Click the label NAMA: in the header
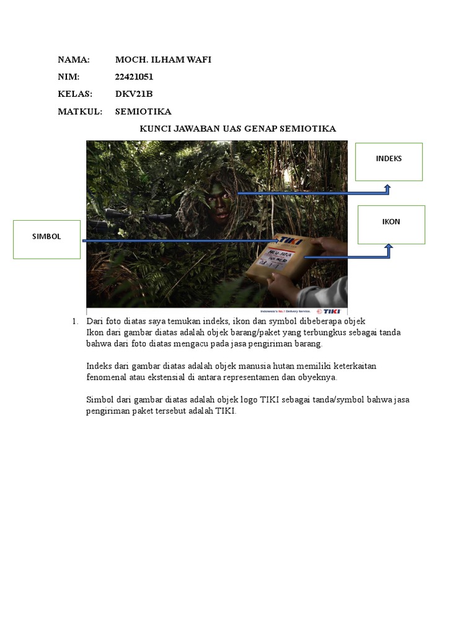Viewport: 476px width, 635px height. [x=74, y=60]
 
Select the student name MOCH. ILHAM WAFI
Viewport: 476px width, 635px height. [x=163, y=60]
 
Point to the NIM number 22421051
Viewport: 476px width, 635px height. [x=134, y=78]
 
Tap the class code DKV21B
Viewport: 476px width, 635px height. [x=134, y=94]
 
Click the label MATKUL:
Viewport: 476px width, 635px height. [x=80, y=112]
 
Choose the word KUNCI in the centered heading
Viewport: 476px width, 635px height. [x=154, y=129]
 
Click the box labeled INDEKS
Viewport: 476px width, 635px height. [x=389, y=162]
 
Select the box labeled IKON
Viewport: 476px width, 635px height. [x=391, y=224]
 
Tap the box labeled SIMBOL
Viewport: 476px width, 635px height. [x=47, y=239]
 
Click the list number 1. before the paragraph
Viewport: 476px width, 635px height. [x=75, y=321]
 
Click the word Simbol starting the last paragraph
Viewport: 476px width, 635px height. [x=99, y=400]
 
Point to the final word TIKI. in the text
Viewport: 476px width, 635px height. [x=227, y=411]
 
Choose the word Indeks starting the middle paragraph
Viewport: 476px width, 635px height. [x=99, y=366]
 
